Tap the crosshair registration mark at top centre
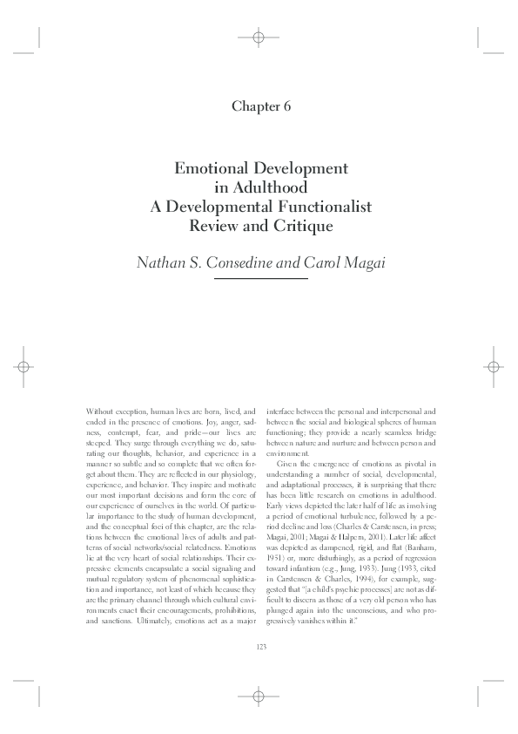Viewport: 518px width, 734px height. pyautogui.click(x=259, y=37)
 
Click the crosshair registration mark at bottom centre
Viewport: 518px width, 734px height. pyautogui.click(x=259, y=696)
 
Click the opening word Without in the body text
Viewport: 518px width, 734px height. pyautogui.click(x=100, y=410)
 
